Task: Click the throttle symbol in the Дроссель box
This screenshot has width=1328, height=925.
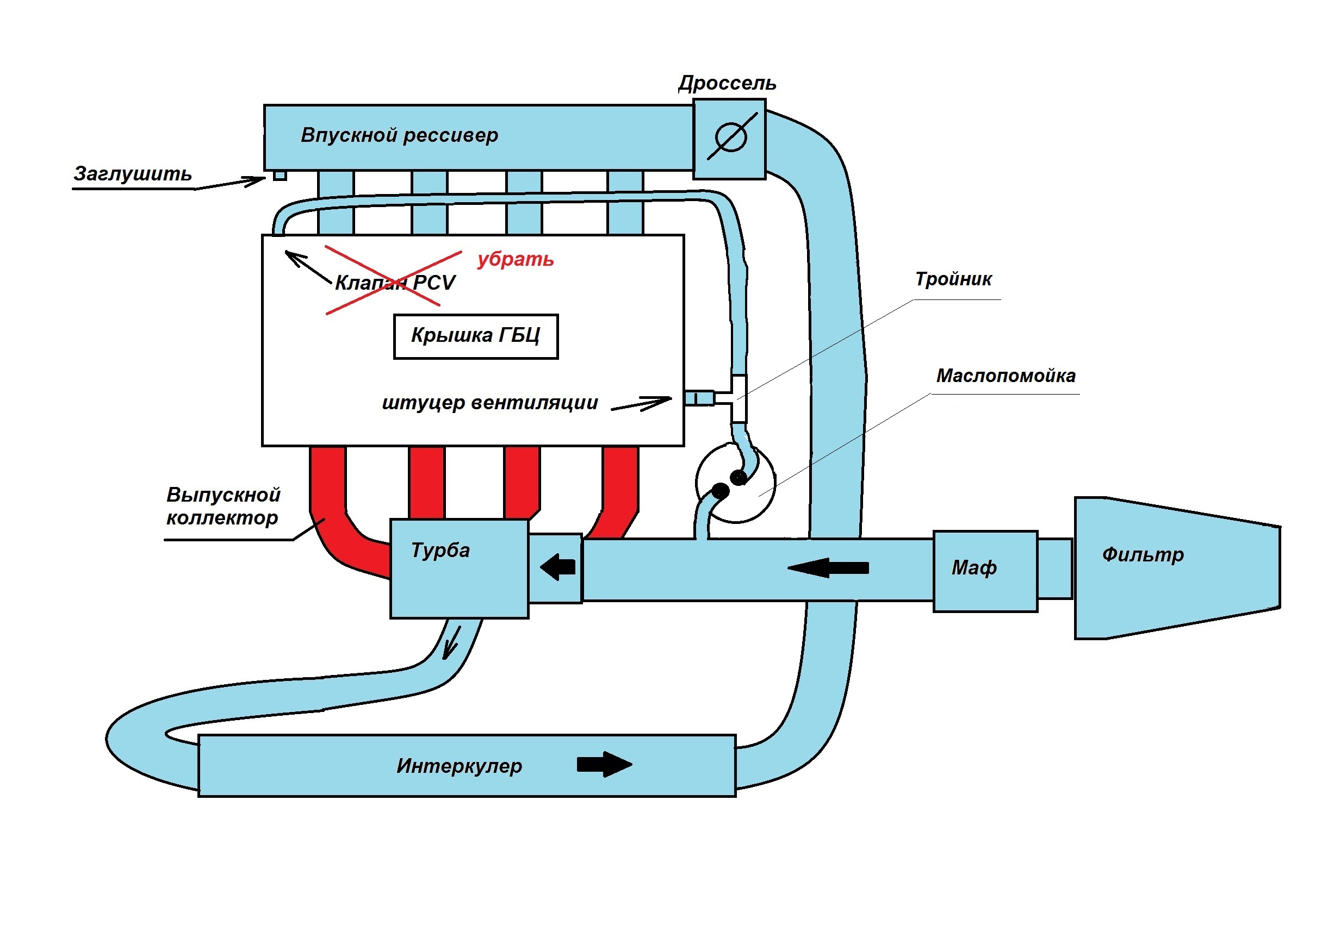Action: (731, 137)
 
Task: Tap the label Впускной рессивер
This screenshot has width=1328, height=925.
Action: (399, 135)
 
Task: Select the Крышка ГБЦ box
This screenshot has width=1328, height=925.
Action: (475, 336)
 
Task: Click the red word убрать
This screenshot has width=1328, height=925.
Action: (516, 259)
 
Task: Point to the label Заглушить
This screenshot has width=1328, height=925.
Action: (133, 173)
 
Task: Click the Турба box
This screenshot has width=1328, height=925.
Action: (459, 568)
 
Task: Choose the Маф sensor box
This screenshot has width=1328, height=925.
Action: (984, 571)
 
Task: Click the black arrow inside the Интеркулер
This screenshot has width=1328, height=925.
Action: (604, 764)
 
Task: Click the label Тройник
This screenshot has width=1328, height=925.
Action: (953, 279)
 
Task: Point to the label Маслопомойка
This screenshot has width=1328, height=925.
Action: (1006, 376)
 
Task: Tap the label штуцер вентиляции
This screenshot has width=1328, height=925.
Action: (490, 402)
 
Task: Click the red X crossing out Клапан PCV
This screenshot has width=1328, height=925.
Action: (393, 280)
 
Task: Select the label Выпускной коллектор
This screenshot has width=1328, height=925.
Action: (222, 506)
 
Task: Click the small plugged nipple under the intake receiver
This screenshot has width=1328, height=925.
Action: (280, 175)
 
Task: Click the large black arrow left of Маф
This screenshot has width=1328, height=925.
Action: (828, 568)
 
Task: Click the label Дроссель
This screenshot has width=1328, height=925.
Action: (727, 83)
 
